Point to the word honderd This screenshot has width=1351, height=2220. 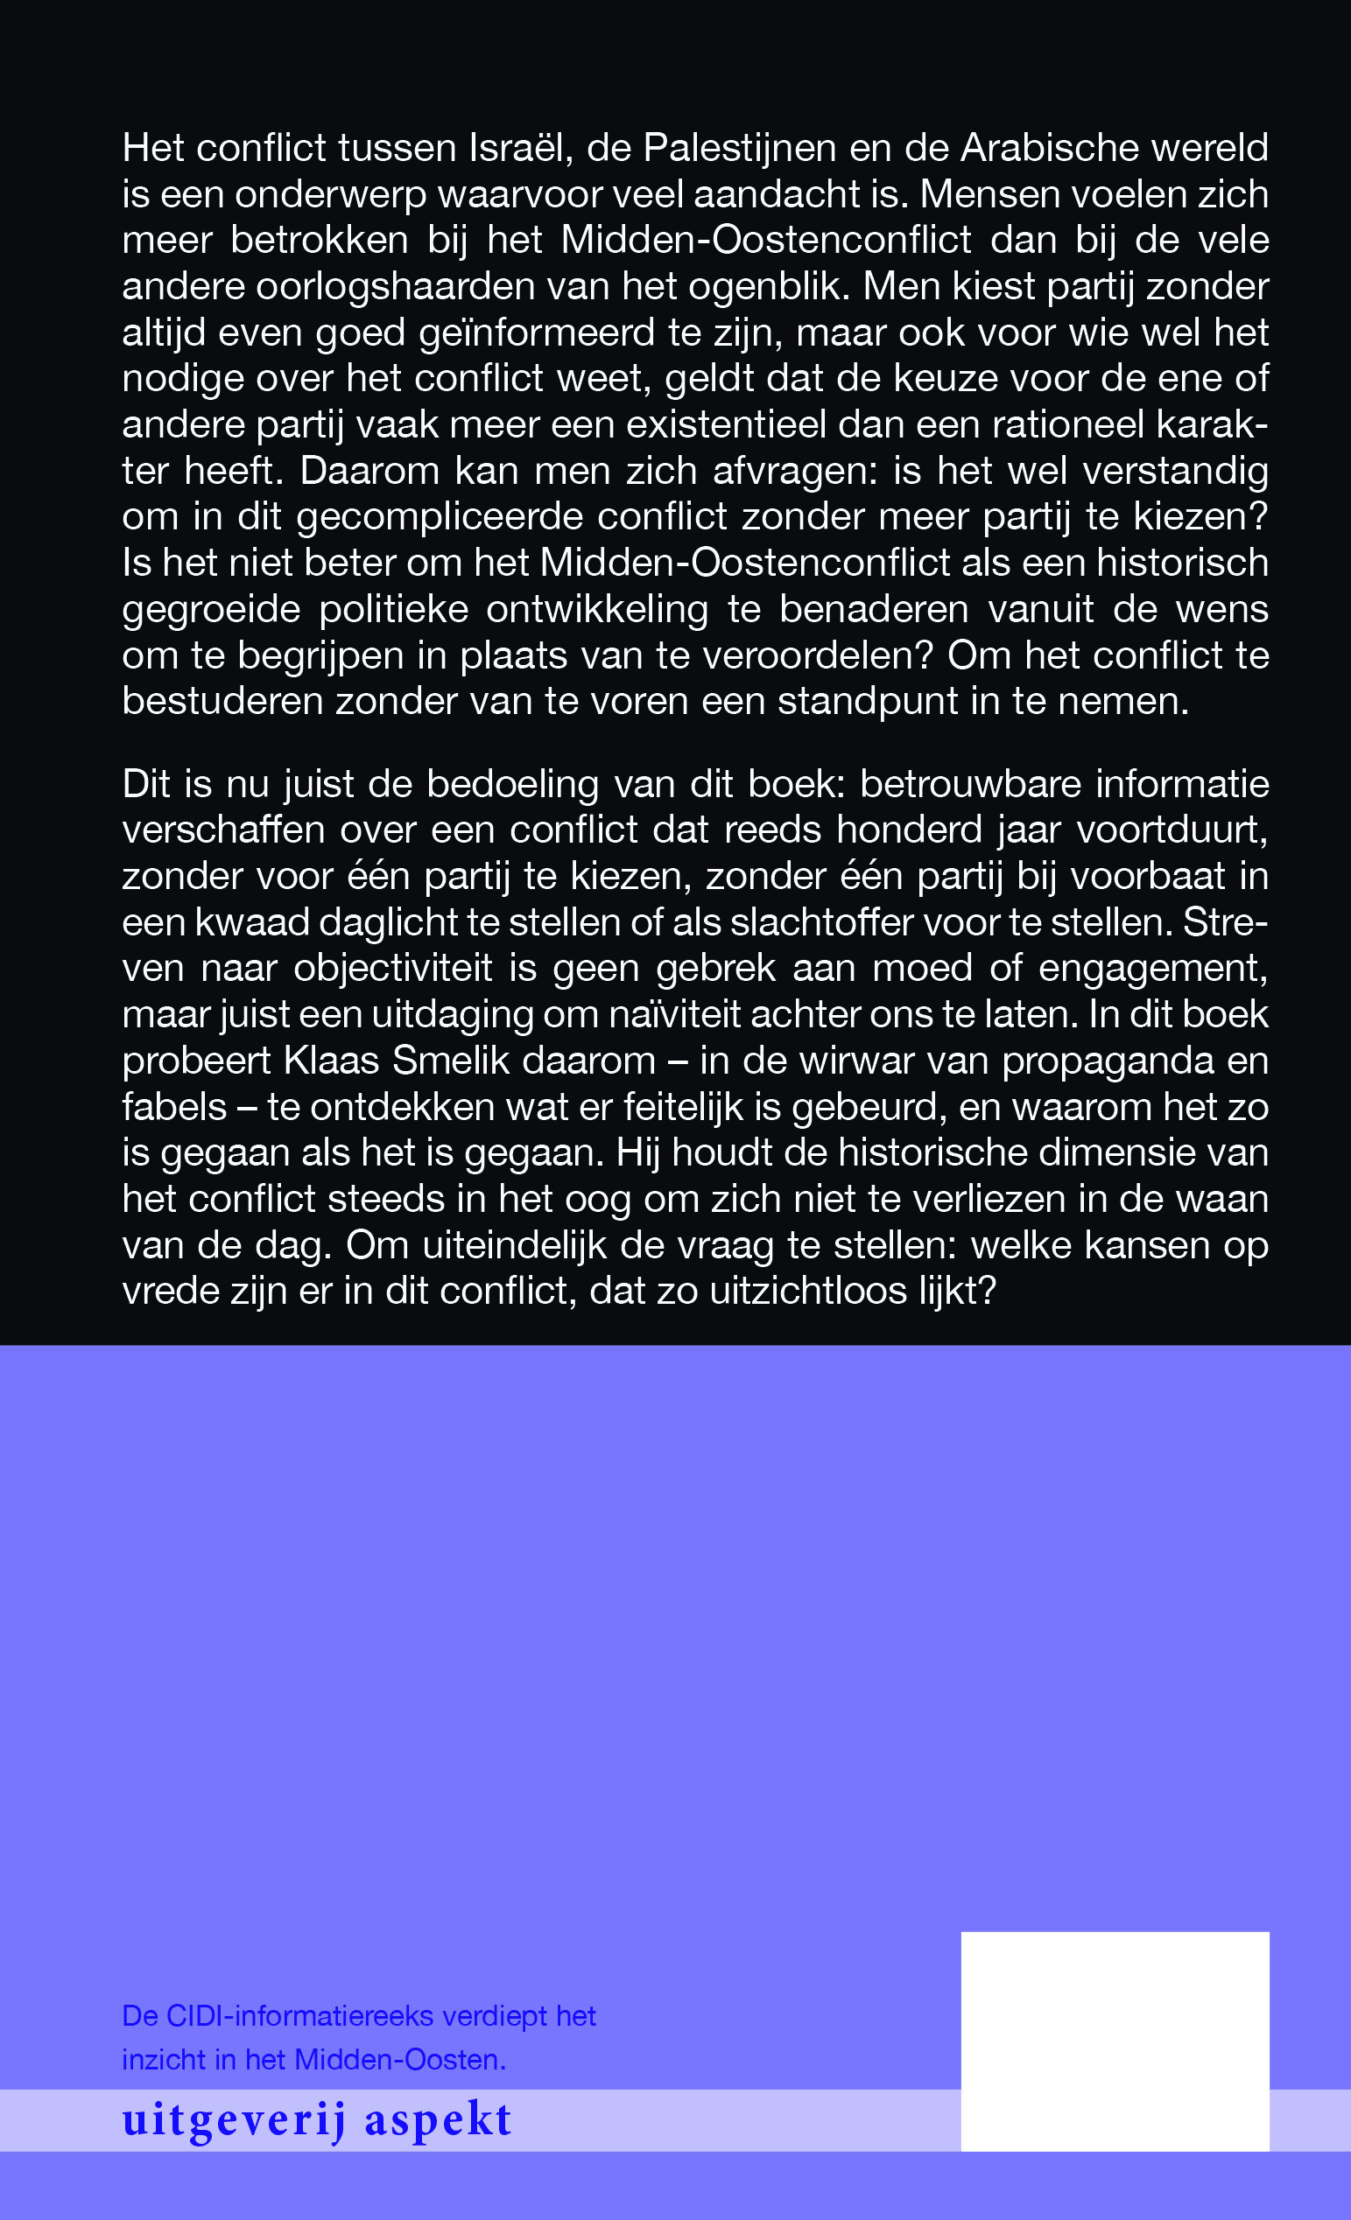point(909,830)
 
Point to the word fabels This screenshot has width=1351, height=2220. point(174,1106)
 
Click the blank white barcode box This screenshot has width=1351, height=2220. point(1115,2041)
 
